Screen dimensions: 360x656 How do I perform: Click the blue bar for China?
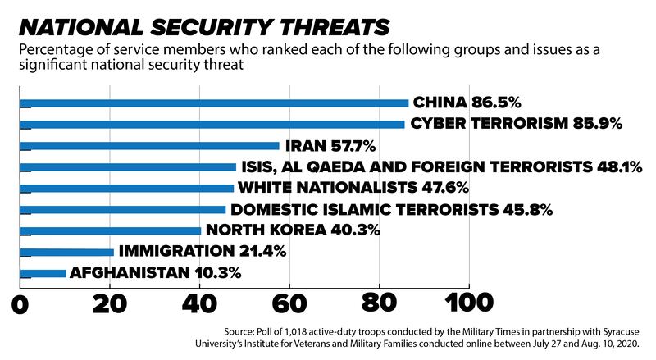click(x=213, y=103)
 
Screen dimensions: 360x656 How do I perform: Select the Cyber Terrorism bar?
click(x=212, y=125)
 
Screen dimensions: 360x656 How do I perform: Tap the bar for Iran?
click(x=148, y=146)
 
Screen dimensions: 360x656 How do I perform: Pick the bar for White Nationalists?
click(x=126, y=189)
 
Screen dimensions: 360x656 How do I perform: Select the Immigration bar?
click(x=66, y=253)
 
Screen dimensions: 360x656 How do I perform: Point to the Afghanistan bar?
click(x=42, y=274)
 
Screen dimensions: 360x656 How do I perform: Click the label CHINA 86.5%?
click(x=467, y=103)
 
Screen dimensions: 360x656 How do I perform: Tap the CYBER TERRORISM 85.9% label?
click(x=517, y=125)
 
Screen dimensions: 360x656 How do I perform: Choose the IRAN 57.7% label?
click(x=330, y=146)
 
